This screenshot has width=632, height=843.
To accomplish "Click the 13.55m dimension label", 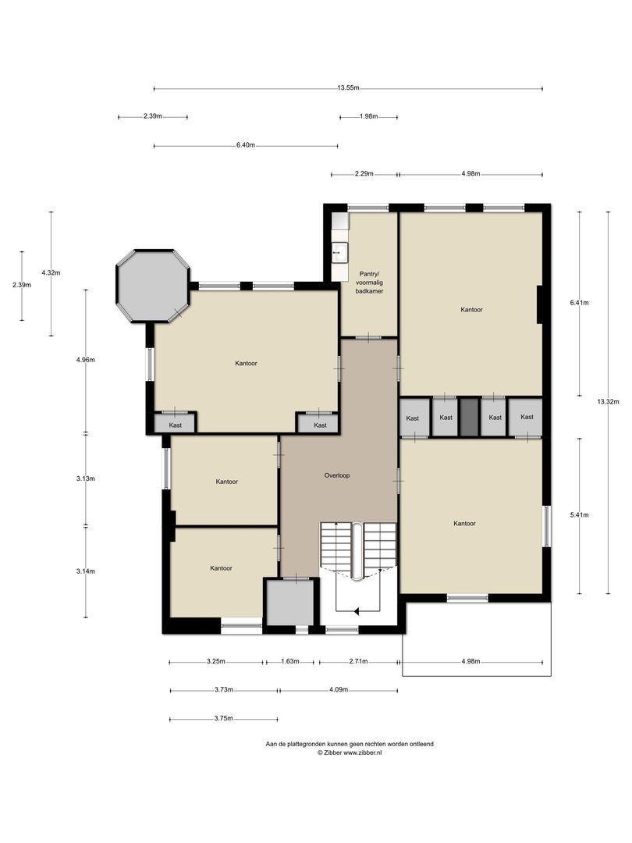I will click(x=348, y=88).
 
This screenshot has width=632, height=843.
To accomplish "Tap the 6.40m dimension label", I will click(x=245, y=145).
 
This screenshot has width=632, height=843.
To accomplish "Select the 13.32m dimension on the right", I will click(x=608, y=401).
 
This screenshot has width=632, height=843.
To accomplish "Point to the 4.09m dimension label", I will click(x=339, y=690).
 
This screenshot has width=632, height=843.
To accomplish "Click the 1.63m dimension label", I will click(x=289, y=661).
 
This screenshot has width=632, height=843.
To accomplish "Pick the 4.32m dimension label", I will click(x=51, y=272).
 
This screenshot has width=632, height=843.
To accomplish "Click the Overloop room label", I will click(x=337, y=475).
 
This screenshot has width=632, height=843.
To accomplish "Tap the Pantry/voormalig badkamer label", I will click(x=368, y=282).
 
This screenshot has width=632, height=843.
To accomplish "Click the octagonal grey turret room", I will click(x=153, y=285).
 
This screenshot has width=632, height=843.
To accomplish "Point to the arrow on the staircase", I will click(x=356, y=611).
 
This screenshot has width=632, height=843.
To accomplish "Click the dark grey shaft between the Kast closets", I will click(x=468, y=418).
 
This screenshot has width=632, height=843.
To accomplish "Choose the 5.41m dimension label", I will click(x=579, y=515).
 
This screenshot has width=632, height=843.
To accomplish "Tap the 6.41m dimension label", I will click(x=579, y=302).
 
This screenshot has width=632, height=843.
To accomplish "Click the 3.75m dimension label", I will click(x=223, y=719).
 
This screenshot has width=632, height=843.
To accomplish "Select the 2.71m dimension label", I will click(x=358, y=661).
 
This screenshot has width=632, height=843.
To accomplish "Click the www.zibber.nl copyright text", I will click(x=350, y=752).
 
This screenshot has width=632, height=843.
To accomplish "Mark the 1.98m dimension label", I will click(x=368, y=116).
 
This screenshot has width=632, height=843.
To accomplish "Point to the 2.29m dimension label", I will click(x=364, y=174).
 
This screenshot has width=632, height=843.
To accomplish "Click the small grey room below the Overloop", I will click(x=292, y=603).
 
